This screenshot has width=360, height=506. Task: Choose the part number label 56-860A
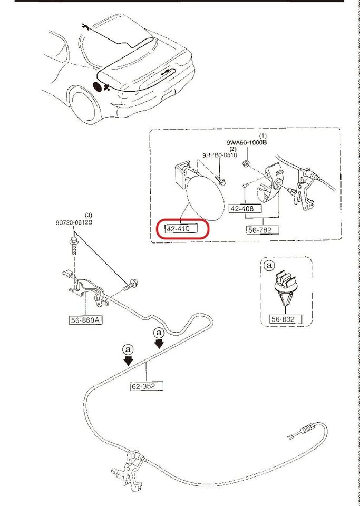(85, 319)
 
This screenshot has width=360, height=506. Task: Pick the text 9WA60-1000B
(246, 142)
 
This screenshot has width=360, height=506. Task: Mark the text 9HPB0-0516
(220, 155)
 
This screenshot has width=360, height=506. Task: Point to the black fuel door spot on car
(98, 86)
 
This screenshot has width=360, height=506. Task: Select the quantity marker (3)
(88, 215)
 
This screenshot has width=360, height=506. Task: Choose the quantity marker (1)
(262, 136)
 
